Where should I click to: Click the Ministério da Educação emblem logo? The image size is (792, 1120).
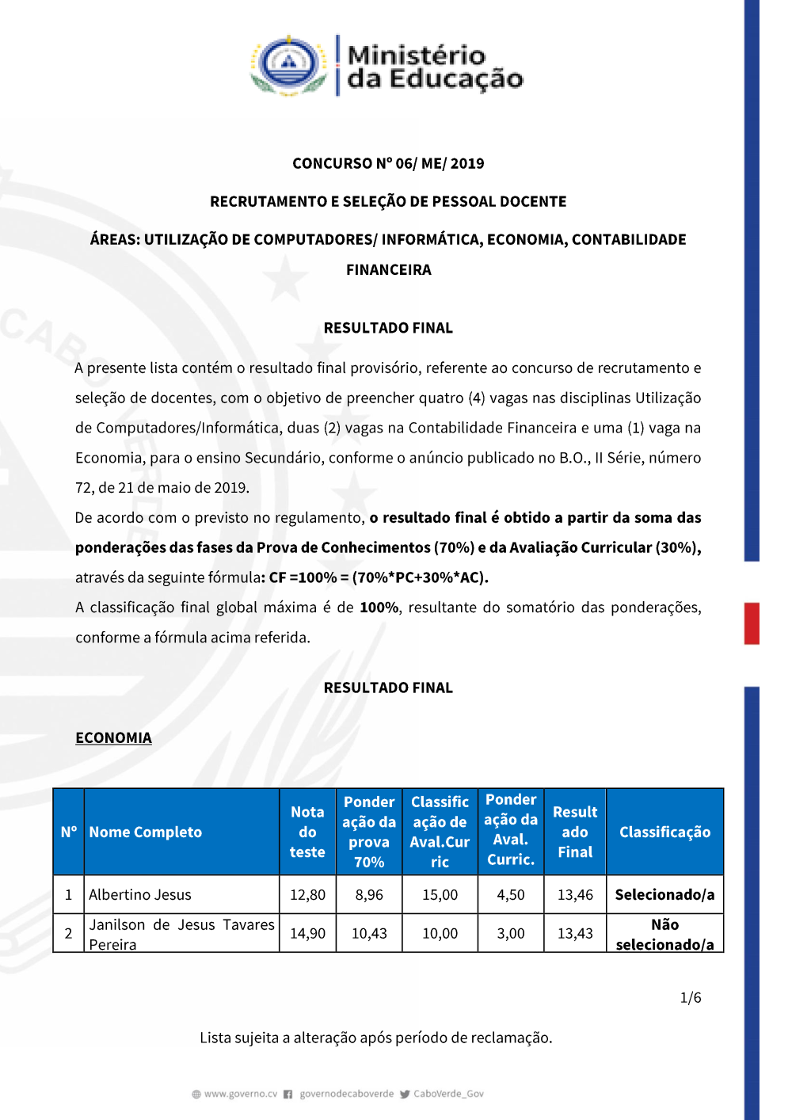[x=289, y=65]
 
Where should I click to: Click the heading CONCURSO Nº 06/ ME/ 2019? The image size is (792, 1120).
[x=388, y=163]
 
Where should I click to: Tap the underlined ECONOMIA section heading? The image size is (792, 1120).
[x=113, y=737]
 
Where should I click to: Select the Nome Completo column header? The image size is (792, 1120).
[x=146, y=832]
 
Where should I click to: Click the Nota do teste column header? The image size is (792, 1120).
[x=307, y=832]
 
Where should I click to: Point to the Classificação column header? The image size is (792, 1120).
[x=664, y=832]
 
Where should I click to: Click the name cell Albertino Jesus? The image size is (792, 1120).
[x=140, y=894]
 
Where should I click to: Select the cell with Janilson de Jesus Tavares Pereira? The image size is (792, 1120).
[x=181, y=934]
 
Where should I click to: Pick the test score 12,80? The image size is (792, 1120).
[x=307, y=894]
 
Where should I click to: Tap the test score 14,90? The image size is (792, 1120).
[x=307, y=933]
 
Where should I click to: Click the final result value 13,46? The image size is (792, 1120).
[x=575, y=894]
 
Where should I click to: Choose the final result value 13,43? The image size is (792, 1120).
[x=575, y=933]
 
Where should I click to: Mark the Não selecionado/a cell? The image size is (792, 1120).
[x=664, y=934]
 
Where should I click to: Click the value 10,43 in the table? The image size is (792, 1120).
[x=369, y=933]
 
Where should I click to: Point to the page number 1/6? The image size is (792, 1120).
[x=691, y=997]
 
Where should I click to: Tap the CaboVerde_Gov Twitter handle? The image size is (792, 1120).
[x=448, y=1094]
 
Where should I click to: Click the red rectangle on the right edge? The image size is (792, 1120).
[x=752, y=623]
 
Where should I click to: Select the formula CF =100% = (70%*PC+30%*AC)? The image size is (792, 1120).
[x=379, y=577]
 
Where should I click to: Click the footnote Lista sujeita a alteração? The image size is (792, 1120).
[x=375, y=1038]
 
